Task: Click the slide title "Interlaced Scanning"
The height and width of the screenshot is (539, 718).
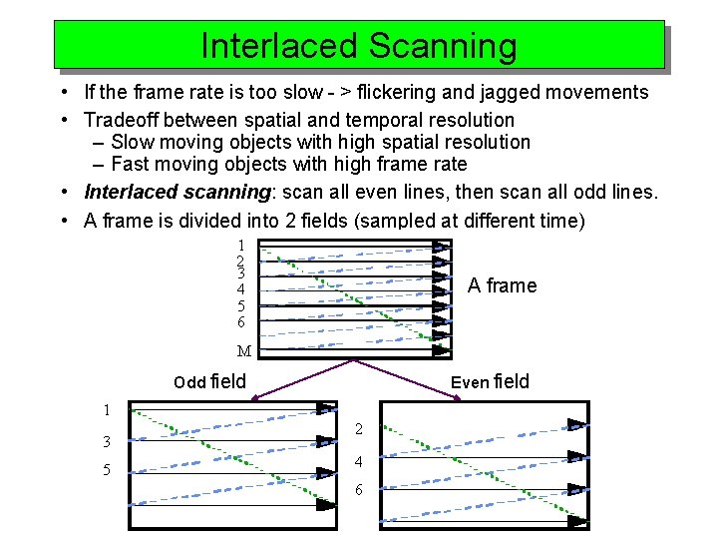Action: [359, 46]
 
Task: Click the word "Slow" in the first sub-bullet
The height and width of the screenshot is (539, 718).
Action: [134, 143]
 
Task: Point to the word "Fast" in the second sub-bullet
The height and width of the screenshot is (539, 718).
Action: [132, 165]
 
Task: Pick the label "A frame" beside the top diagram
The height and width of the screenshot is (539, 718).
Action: [502, 285]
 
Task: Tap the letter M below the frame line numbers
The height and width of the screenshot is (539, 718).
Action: [243, 351]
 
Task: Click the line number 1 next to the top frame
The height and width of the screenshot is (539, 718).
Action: [240, 246]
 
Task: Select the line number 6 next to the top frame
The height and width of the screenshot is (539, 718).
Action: [240, 322]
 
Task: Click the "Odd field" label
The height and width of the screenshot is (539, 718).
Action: [209, 381]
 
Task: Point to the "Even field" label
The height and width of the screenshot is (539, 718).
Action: [490, 381]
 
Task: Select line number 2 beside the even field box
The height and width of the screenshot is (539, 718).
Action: [359, 430]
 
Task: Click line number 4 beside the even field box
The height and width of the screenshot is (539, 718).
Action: [359, 462]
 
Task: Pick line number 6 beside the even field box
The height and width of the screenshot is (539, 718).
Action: [359, 491]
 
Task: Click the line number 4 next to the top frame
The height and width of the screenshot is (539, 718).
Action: [240, 290]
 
